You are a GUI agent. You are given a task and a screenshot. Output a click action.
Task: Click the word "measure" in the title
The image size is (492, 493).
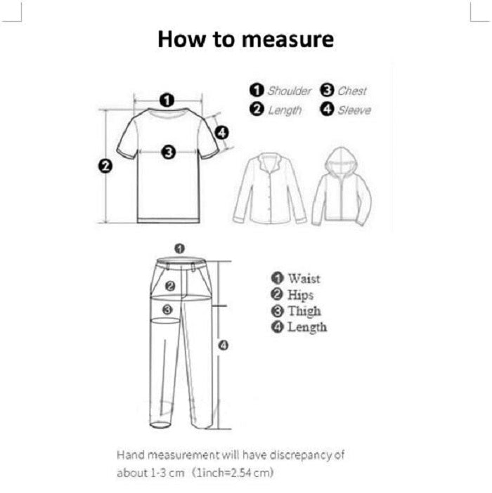287,39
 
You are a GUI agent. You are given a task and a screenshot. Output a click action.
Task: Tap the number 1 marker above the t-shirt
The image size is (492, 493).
167,100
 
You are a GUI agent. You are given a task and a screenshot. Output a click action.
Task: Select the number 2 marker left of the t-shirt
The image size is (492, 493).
105,166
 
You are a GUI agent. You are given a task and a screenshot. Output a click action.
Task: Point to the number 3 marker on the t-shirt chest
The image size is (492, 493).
169,152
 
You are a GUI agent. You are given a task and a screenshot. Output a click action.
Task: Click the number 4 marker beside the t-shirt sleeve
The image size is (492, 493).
222,132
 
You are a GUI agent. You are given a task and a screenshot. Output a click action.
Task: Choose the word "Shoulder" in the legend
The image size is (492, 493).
289,91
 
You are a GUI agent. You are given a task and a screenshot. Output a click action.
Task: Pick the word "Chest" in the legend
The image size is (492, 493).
351,91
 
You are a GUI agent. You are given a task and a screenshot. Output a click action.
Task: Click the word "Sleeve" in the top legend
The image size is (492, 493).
354,110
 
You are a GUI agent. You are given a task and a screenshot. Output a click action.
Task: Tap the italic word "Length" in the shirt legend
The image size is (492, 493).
285,110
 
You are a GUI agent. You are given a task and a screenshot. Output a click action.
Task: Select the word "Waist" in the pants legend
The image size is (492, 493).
304,279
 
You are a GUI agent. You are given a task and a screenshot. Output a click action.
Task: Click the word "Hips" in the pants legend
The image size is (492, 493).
300,295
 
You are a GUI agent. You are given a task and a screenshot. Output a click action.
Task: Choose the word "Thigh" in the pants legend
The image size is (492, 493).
304,311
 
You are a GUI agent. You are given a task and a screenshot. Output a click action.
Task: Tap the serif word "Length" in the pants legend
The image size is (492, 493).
307,327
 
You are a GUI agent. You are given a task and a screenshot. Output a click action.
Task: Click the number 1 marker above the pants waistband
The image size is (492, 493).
180,249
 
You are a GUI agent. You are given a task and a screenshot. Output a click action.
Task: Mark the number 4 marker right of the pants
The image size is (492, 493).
223,346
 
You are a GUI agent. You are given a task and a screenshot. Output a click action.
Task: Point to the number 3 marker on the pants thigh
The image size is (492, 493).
167,310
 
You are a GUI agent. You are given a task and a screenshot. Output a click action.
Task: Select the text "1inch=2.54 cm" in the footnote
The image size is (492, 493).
233,473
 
